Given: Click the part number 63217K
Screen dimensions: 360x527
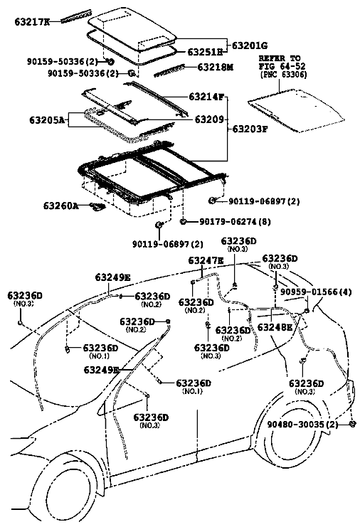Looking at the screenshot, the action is pos(32,22).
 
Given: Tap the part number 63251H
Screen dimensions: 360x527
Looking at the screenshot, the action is pos(205,52).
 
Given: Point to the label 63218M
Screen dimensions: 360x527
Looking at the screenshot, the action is pos(215,68).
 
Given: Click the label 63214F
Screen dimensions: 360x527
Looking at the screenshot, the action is pos(206,97).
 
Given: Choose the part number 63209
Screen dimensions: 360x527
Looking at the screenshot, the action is pos(209,119).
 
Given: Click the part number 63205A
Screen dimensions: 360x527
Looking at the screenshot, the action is pos(47,119).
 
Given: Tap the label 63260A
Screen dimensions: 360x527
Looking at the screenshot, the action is pos(61,206).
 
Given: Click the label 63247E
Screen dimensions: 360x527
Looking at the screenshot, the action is pos(206,260).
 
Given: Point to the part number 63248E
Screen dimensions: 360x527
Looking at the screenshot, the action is pos(275,327).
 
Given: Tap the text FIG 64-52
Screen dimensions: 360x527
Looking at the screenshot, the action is pos(282,66).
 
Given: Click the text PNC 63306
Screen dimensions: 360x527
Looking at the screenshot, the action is pos(283,75).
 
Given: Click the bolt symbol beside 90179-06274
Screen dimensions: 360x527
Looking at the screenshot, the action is pos(184,221).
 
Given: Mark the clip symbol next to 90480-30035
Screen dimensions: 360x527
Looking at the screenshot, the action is pos(352,423).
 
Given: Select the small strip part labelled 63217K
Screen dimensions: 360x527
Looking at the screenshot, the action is pos(76,16).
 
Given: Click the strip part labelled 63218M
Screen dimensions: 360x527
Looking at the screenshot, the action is pos(169,70).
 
